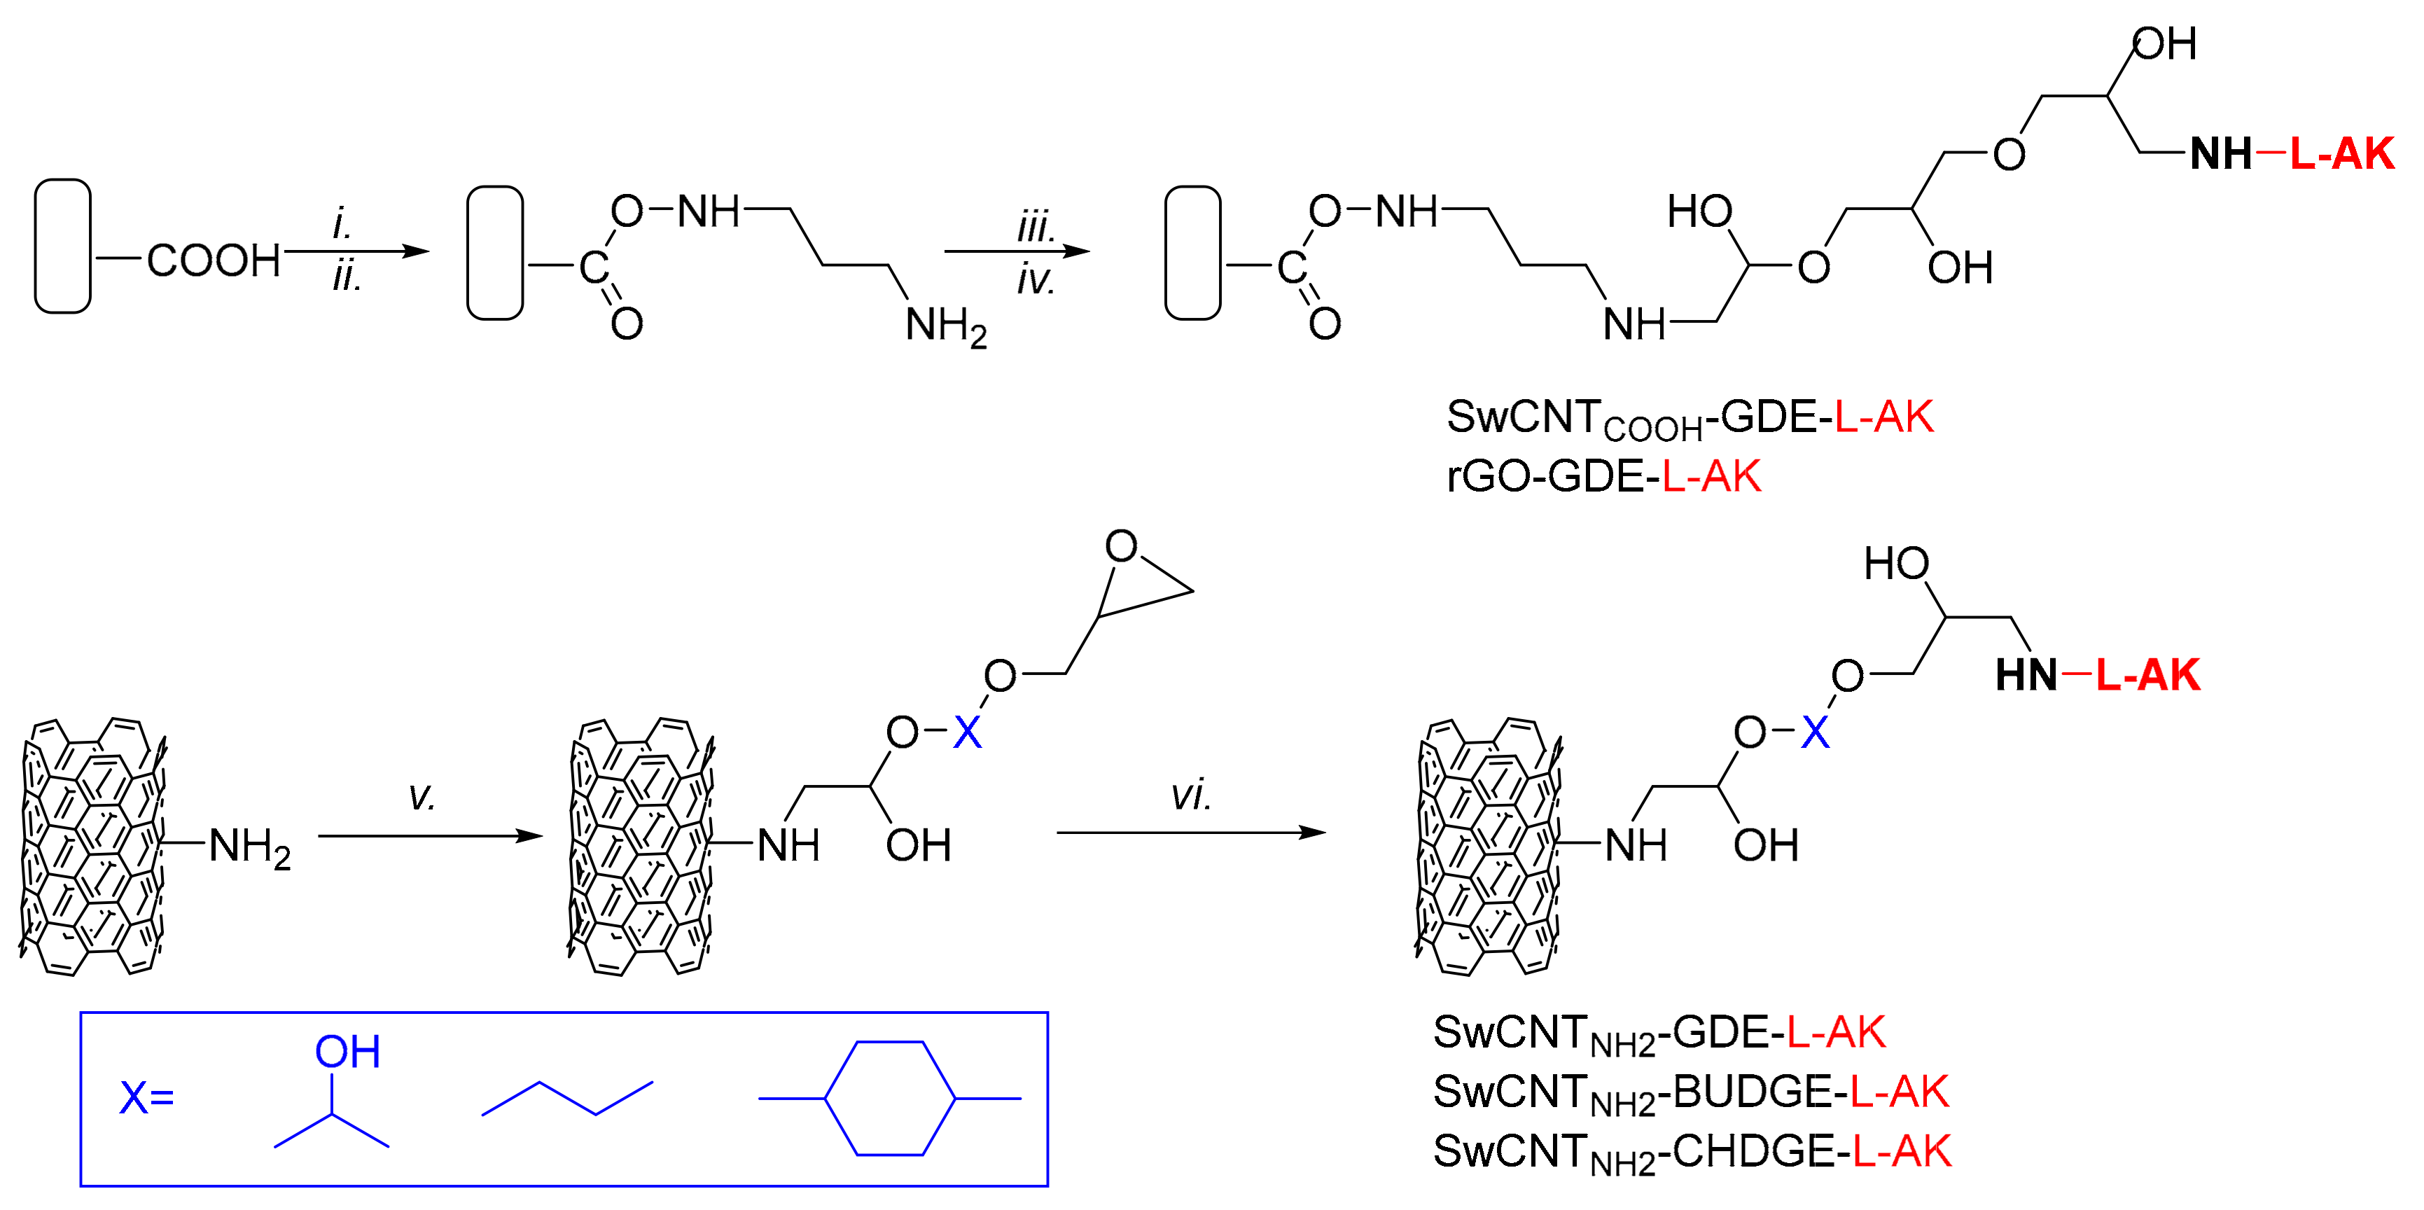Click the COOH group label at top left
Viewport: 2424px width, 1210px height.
[x=214, y=260]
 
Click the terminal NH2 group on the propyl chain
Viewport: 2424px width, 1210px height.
[x=945, y=326]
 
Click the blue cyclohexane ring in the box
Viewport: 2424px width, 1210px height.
[x=890, y=1098]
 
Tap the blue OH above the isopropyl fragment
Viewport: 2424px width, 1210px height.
[x=347, y=1052]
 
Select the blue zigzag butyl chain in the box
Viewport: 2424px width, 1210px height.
[x=567, y=1099]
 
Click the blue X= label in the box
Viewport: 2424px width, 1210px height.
[x=147, y=1098]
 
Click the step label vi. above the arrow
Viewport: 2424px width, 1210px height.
[x=1190, y=796]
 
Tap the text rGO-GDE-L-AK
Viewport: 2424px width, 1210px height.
[x=1603, y=477]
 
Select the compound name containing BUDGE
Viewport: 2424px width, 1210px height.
[x=1690, y=1093]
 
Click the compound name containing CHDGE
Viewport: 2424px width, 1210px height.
[x=1691, y=1153]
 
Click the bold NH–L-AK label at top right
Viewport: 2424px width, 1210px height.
[x=2290, y=154]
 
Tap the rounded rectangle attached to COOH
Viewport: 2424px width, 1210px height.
[x=63, y=246]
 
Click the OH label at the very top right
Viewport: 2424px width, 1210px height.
[x=2164, y=44]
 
